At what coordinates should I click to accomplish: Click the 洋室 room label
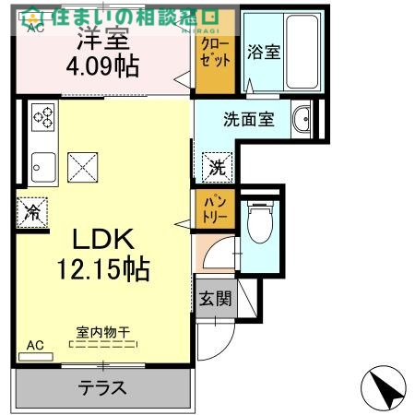click(x=101, y=41)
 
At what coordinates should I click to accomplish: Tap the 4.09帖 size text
click(x=101, y=67)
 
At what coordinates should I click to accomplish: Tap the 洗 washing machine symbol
click(x=216, y=168)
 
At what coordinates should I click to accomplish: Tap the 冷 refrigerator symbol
click(x=30, y=212)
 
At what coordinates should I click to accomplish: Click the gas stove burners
click(x=42, y=118)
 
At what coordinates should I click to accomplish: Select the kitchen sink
click(x=42, y=167)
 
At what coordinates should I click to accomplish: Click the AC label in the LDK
click(x=34, y=345)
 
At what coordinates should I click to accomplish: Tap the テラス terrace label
click(x=101, y=387)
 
